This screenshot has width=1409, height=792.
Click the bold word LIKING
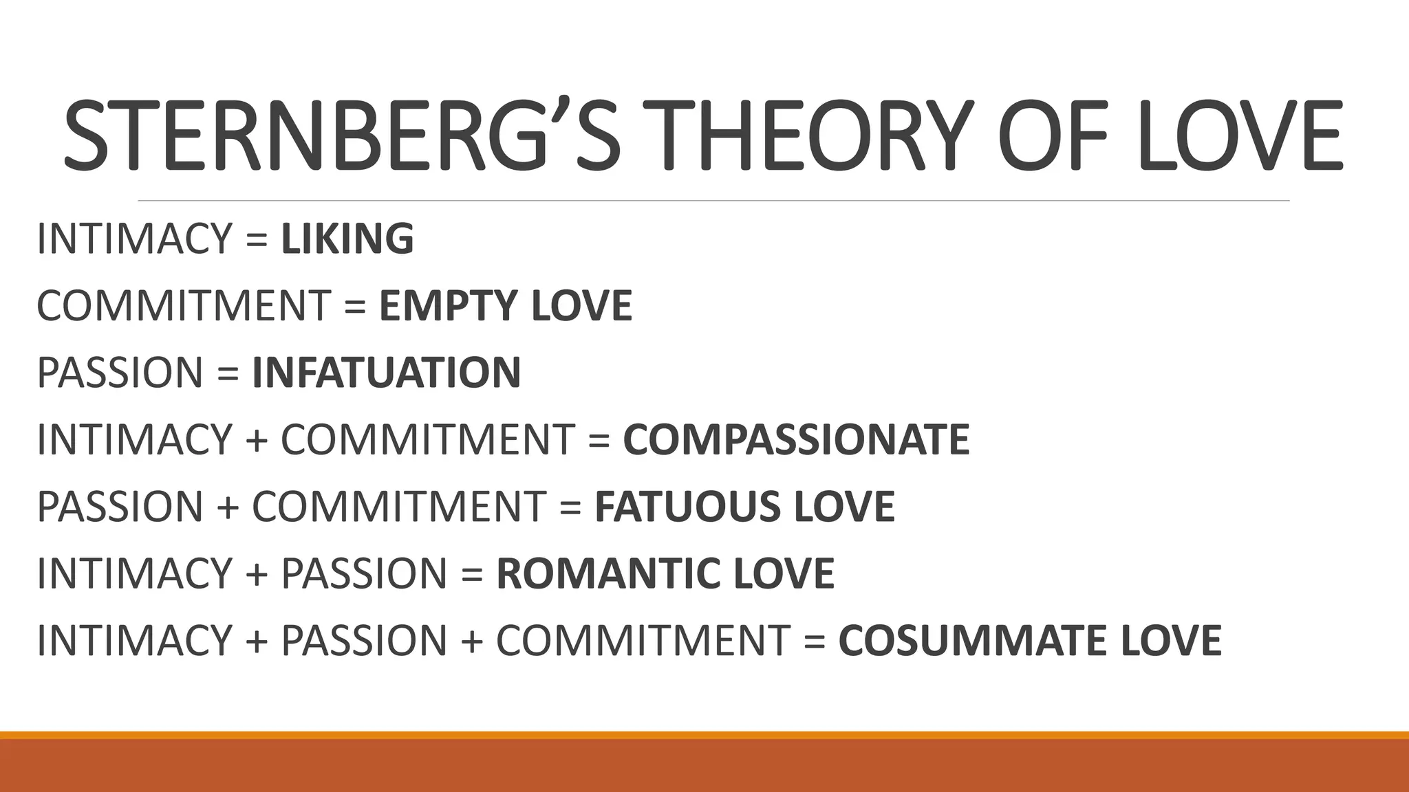pyautogui.click(x=347, y=239)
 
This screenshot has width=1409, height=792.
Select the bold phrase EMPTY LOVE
pyautogui.click(x=506, y=305)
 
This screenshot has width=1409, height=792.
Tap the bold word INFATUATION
pyautogui.click(x=387, y=372)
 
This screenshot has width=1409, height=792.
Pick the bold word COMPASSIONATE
pyautogui.click(x=796, y=439)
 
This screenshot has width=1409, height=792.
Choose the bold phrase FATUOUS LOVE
pyautogui.click(x=744, y=506)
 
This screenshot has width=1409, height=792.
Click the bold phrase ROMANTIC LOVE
pyautogui.click(x=665, y=573)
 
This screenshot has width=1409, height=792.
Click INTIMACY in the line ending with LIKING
pyautogui.click(x=135, y=239)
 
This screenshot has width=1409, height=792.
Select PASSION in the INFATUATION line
pyautogui.click(x=119, y=372)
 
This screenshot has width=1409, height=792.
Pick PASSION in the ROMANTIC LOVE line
pyautogui.click(x=364, y=573)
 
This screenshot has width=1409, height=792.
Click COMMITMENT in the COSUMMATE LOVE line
pyautogui.click(x=643, y=640)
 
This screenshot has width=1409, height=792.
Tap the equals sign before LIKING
pyautogui.click(x=256, y=239)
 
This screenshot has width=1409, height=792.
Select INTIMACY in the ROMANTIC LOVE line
pyautogui.click(x=135, y=573)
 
